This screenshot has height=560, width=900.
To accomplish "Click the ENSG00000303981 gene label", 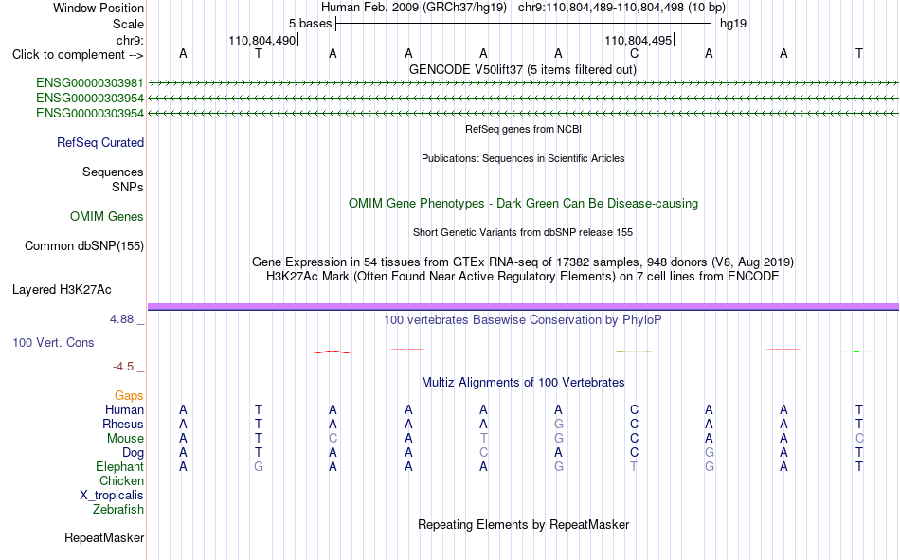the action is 90,83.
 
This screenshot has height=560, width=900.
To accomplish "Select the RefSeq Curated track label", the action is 100,142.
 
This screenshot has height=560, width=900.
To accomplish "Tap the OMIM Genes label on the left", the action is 107,217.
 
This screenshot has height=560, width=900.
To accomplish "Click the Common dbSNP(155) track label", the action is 84,245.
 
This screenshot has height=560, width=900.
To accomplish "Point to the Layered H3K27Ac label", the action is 62,290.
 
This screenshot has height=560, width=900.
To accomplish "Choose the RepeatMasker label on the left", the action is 104,537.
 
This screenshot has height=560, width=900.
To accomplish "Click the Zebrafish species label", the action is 118,509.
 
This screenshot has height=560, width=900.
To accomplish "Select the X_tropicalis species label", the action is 112,496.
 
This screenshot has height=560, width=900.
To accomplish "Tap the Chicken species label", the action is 121,480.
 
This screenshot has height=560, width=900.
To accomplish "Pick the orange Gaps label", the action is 129,395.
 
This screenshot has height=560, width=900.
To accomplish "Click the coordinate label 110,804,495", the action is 638,40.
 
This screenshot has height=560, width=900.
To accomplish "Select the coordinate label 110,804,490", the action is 261,40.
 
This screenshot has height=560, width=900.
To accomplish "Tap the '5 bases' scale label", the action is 310,24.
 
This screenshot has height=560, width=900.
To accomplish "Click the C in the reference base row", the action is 634,54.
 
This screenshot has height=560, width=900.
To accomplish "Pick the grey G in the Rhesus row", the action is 559,424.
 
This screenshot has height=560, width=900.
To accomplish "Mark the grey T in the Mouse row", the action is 483,438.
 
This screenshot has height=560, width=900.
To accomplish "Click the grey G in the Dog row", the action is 710,453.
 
